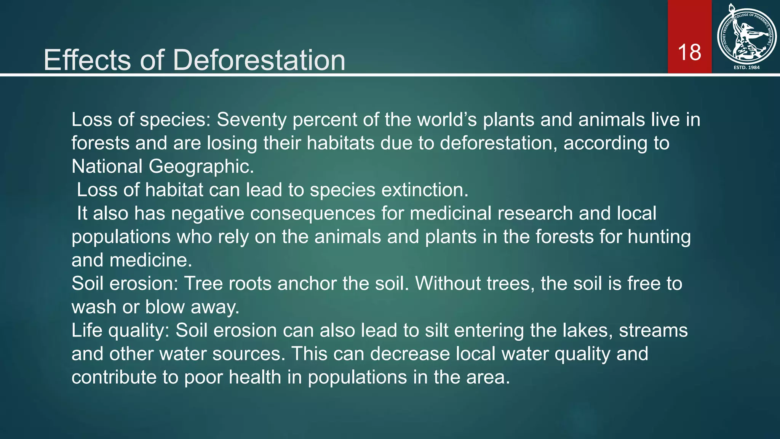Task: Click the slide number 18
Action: pyautogui.click(x=689, y=52)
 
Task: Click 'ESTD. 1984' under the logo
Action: pyautogui.click(x=746, y=67)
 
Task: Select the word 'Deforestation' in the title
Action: pyautogui.click(x=259, y=60)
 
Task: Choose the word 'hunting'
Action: pyautogui.click(x=659, y=237)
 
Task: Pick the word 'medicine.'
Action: pyautogui.click(x=150, y=260)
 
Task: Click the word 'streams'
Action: pyautogui.click(x=653, y=330)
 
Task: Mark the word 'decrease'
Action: pyautogui.click(x=410, y=354)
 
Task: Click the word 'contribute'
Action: pyautogui.click(x=114, y=377)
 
